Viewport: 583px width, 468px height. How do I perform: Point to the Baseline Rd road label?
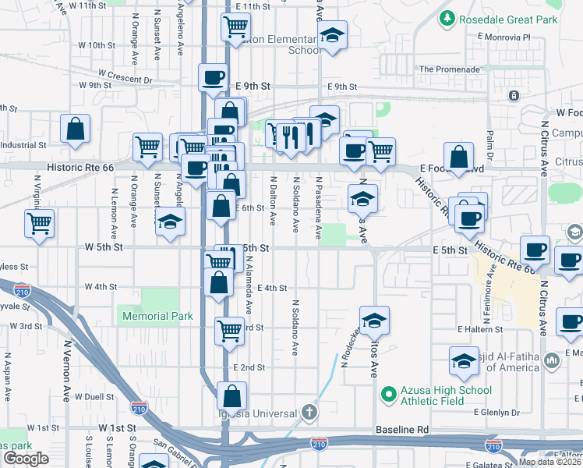401,430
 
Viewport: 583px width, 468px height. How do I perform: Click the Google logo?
26,458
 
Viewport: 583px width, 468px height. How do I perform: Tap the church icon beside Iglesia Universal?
309,413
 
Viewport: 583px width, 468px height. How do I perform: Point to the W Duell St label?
95,396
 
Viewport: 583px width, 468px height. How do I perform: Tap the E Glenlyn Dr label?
496,412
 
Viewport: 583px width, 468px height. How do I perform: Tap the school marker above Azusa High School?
374,320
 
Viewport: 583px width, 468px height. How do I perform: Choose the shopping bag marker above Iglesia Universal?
231,396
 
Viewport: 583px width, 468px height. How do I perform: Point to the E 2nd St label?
249,367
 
